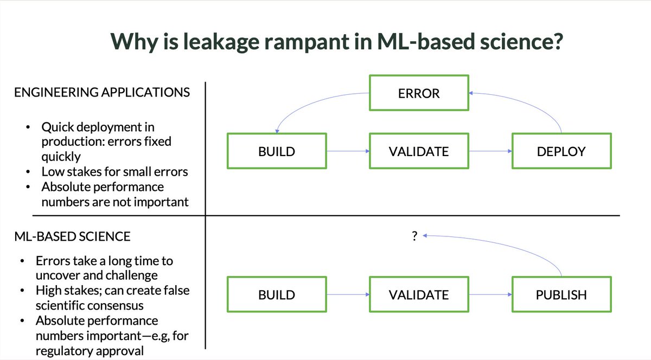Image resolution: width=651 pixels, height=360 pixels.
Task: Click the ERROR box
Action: point(418,93)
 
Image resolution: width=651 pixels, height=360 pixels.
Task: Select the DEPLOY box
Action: point(561,151)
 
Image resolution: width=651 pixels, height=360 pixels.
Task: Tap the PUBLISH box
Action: point(561,295)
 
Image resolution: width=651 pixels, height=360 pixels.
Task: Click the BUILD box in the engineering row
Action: point(277,151)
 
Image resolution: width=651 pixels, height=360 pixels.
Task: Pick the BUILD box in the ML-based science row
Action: point(277,295)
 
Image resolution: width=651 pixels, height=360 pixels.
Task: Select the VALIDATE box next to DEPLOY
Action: point(418,151)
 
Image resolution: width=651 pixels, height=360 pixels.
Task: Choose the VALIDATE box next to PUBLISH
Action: point(418,295)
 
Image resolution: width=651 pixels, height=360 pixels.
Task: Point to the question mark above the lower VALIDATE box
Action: point(414,236)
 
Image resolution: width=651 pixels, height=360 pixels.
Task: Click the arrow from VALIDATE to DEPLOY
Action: point(489,151)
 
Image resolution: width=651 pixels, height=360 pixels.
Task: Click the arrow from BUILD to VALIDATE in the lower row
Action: point(347,295)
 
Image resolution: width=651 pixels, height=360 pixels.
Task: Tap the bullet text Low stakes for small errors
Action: point(114,172)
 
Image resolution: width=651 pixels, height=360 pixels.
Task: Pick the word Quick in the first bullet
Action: point(57,127)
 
